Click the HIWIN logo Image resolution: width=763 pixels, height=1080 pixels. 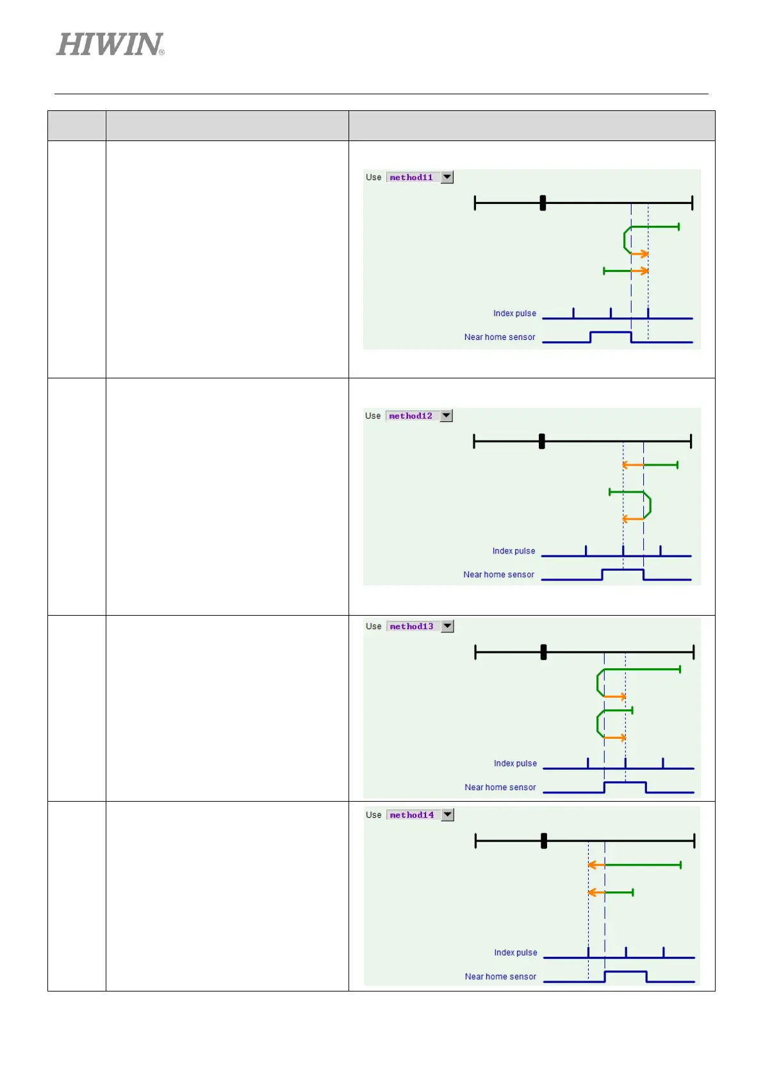pyautogui.click(x=110, y=45)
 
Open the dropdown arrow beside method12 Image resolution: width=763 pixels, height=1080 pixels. pyautogui.click(x=447, y=416)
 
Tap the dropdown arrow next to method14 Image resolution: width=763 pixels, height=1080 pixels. pyautogui.click(x=448, y=814)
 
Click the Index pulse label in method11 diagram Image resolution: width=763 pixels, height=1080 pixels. pyautogui.click(x=514, y=314)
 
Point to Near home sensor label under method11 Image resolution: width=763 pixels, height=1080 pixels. pyautogui.click(x=500, y=337)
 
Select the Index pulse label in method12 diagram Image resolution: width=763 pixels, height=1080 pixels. pyautogui.click(x=514, y=551)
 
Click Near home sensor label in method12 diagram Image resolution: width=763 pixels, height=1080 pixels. pyautogui.click(x=498, y=575)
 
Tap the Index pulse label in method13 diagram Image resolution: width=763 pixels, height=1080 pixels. pyautogui.click(x=515, y=763)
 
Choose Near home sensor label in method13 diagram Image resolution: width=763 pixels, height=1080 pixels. pyautogui.click(x=500, y=787)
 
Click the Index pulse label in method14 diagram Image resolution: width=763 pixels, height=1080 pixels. pyautogui.click(x=516, y=952)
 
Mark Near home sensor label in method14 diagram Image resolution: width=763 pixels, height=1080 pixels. pyautogui.click(x=500, y=976)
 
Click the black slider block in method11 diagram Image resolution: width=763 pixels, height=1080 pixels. pyautogui.click(x=543, y=203)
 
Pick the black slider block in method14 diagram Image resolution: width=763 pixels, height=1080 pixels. pyautogui.click(x=544, y=841)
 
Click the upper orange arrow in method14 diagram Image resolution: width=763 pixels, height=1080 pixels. pyautogui.click(x=596, y=865)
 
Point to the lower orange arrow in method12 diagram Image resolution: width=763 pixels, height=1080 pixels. pyautogui.click(x=633, y=518)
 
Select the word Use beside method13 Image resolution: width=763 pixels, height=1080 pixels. pyautogui.click(x=373, y=627)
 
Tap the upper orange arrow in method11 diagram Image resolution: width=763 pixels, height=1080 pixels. pyautogui.click(x=639, y=254)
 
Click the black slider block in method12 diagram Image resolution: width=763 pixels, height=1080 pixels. pyautogui.click(x=542, y=441)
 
